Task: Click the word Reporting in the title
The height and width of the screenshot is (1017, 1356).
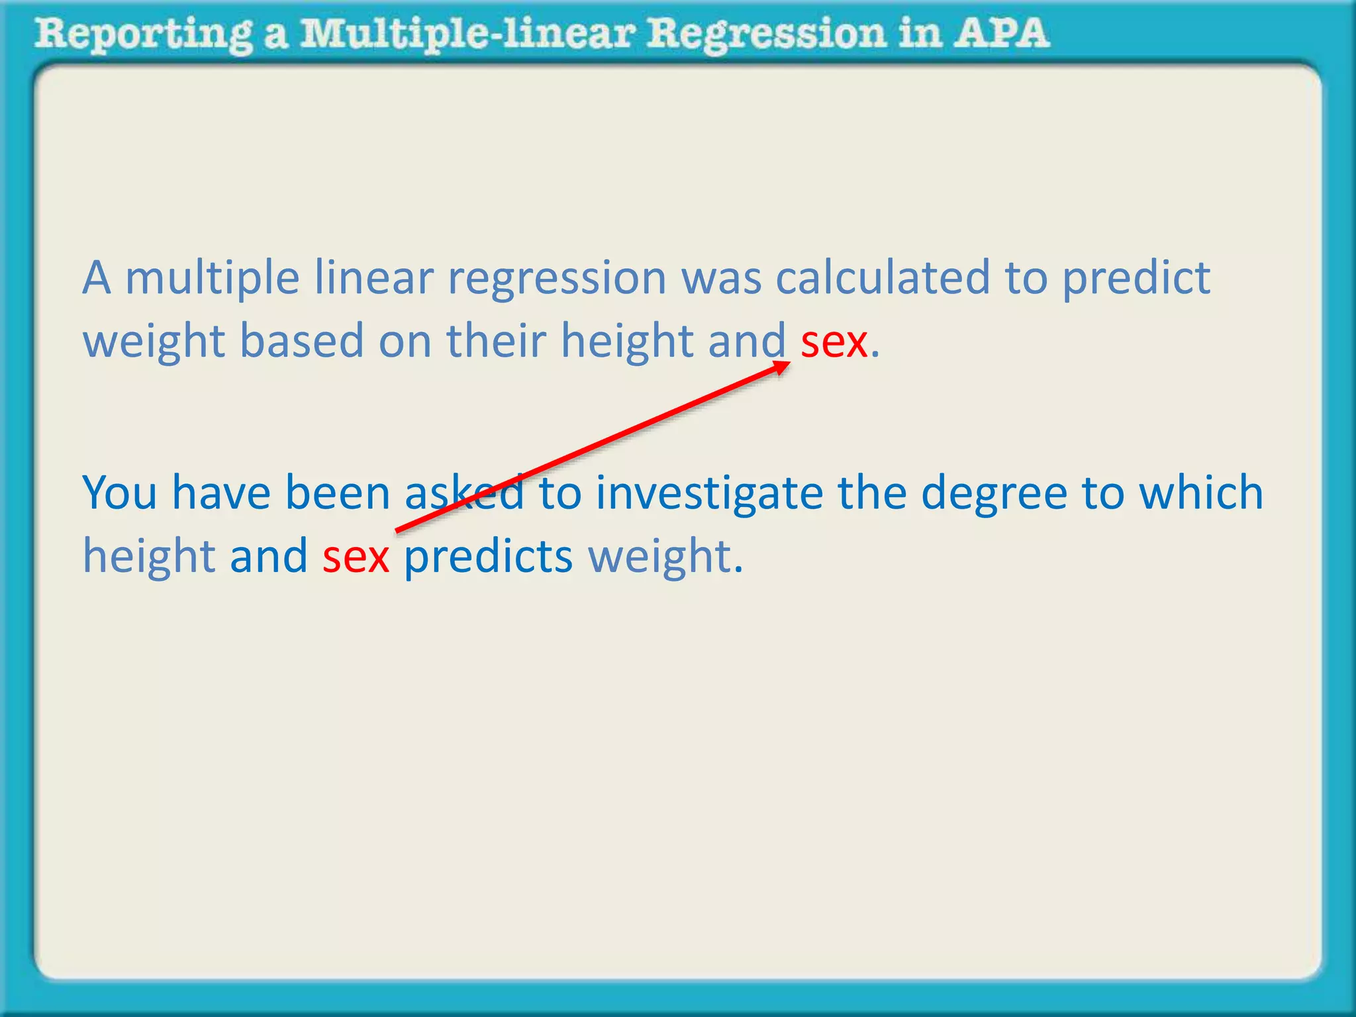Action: [x=143, y=34]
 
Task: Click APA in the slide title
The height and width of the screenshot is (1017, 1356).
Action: [x=1000, y=33]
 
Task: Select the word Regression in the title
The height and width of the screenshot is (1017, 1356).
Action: [x=765, y=34]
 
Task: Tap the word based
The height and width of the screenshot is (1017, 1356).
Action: [x=301, y=341]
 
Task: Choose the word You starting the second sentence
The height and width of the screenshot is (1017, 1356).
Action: [x=120, y=494]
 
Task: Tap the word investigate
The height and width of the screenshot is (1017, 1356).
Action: [x=709, y=494]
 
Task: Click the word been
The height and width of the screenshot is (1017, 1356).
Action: [x=337, y=494]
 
